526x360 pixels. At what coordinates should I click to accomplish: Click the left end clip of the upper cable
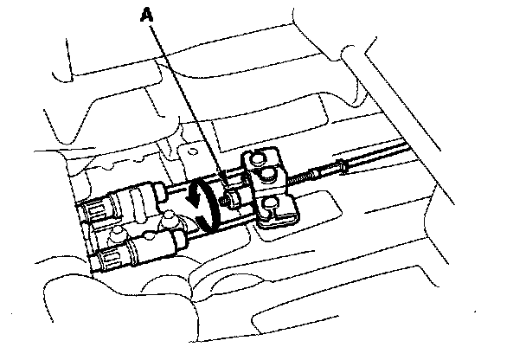[93, 209]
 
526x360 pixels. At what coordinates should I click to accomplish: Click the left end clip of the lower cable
[111, 256]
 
